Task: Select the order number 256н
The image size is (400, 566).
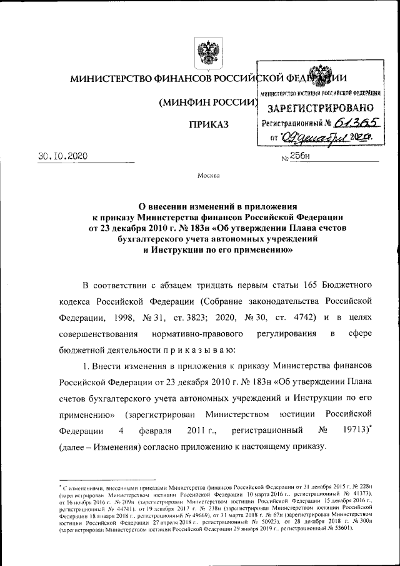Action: [301, 156]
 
